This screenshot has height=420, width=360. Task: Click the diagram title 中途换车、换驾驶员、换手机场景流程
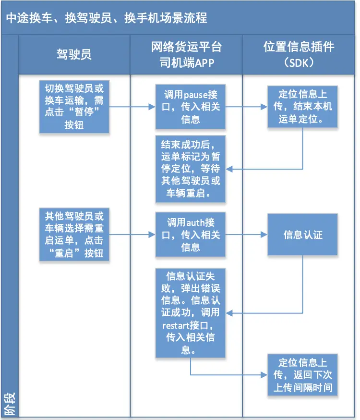point(107,18)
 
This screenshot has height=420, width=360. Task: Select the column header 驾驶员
point(74,54)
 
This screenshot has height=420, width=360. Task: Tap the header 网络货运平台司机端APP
point(186,54)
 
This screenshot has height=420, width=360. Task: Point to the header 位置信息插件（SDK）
point(299,54)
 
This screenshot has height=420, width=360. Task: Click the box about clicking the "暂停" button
point(74,107)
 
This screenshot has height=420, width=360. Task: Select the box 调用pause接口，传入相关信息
point(191,107)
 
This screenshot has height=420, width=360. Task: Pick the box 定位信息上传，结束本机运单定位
point(303,107)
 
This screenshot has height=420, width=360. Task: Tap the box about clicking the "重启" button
point(74,235)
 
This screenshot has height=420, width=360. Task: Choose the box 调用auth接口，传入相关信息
point(191,235)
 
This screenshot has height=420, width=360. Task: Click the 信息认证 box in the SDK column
point(303,235)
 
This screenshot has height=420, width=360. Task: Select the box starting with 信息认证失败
point(191,313)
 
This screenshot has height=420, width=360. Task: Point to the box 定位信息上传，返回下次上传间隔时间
point(303,375)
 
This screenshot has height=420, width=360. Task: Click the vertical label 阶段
point(9,404)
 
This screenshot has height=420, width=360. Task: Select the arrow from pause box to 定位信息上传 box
point(246,107)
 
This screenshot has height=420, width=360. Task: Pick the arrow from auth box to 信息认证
point(246,235)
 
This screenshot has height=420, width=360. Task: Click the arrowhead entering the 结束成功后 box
point(229,169)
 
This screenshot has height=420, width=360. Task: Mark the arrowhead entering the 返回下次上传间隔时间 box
point(264,375)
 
